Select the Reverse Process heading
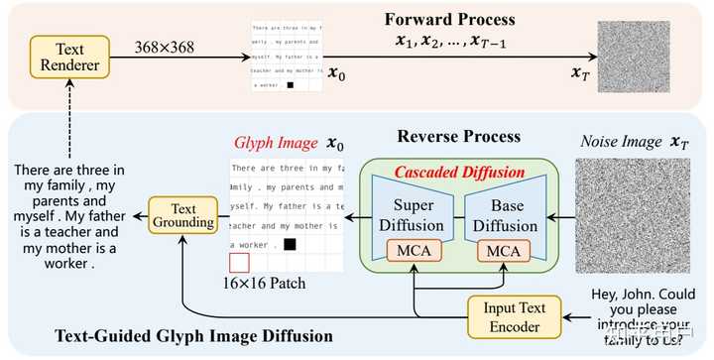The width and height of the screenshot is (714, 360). (458, 136)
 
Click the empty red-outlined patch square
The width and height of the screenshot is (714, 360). (239, 263)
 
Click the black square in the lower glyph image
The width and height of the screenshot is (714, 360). (290, 243)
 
